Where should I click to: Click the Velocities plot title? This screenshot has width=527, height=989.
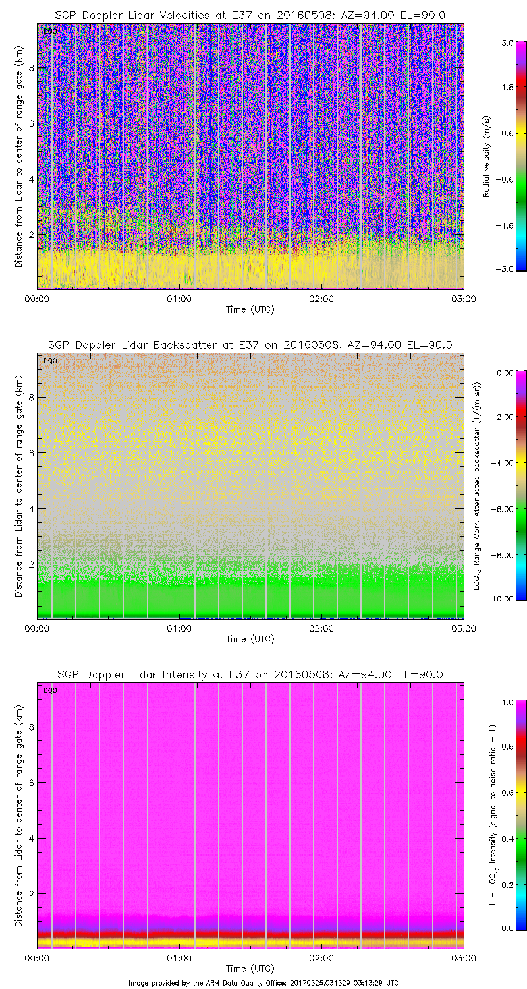(x=250, y=15)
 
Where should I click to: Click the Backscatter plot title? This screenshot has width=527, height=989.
(x=250, y=345)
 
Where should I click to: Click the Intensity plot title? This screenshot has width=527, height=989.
(x=250, y=674)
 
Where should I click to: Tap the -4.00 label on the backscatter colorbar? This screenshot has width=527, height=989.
(x=503, y=463)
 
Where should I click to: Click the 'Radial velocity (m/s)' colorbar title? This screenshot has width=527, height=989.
(x=487, y=156)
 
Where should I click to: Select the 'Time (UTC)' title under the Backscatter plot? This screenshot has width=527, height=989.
(x=250, y=638)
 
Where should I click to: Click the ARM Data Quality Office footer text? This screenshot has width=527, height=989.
(x=263, y=982)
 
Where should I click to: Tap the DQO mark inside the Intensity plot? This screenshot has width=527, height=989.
(x=49, y=690)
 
